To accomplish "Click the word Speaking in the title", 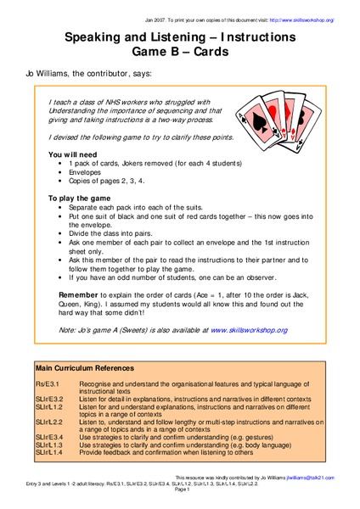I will tap(100, 38).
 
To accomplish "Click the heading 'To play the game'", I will tap(78, 198).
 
